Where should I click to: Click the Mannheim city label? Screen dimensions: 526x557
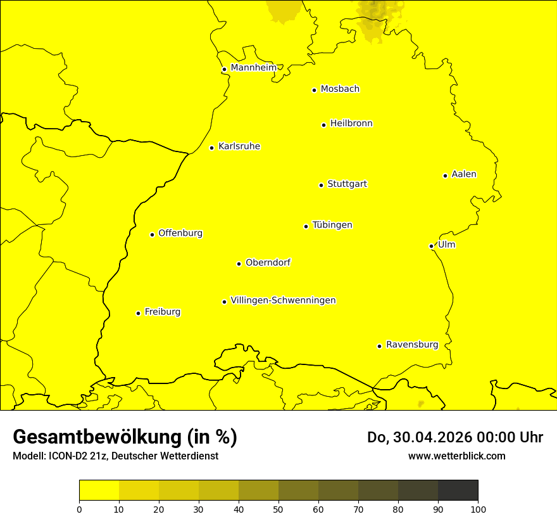pos(253,68)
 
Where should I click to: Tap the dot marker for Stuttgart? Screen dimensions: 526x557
pos(321,185)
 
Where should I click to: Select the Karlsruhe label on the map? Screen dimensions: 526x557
pos(239,146)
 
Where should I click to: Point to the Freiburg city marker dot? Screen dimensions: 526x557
pos(138,313)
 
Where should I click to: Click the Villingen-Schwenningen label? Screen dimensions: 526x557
pos(283,300)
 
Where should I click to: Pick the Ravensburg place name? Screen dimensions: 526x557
pos(411,345)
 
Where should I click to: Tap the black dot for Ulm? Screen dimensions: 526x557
pos(431,246)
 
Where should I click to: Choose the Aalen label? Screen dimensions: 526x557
pos(463,174)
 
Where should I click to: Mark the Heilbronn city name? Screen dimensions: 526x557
pos(351,124)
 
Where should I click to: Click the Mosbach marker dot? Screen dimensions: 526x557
pos(314,90)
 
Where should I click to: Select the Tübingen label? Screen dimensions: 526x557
pos(332,225)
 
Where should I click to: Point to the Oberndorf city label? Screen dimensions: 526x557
pos(268,262)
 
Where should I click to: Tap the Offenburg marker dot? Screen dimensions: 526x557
pos(152,234)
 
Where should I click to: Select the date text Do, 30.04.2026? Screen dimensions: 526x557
pos(420,437)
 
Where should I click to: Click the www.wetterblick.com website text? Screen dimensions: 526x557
pos(456,456)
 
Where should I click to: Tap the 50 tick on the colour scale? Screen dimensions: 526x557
pos(278,508)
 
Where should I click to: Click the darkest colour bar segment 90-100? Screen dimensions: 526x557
pos(458,490)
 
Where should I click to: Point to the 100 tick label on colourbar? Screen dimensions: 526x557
pos(478,508)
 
